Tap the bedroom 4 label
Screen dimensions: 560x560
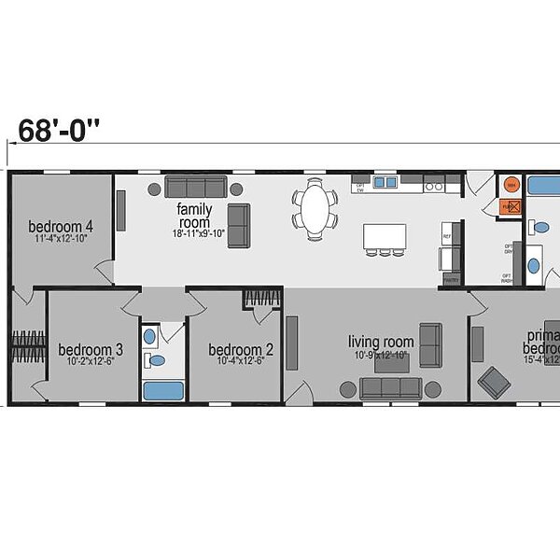coord(61,226)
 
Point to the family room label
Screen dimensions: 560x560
coord(194,216)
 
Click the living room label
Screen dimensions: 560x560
coord(380,342)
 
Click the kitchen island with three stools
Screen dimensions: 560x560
coord(385,236)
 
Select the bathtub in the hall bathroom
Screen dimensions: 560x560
coord(163,389)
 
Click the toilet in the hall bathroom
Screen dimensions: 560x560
coord(156,359)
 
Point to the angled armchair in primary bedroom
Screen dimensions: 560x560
coord(492,381)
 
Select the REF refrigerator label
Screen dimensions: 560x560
coord(447,237)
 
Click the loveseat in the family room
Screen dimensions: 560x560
coord(239,225)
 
